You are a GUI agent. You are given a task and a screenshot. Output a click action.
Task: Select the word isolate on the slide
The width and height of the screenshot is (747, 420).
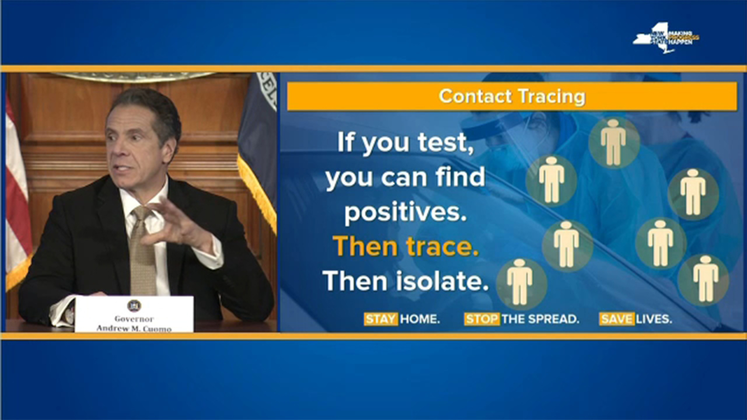(442, 281)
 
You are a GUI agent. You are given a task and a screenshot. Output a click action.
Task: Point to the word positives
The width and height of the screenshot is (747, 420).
(405, 212)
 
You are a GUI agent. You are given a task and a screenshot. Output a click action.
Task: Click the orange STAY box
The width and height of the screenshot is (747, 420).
(381, 319)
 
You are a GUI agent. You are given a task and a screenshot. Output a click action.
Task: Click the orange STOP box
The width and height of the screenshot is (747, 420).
(481, 319)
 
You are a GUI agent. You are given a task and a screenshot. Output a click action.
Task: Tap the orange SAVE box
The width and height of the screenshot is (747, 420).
(616, 319)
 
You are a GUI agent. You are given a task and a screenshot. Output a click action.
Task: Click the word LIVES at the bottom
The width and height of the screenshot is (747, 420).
(654, 319)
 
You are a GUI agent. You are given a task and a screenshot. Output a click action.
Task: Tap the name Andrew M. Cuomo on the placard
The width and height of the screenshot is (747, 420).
(134, 329)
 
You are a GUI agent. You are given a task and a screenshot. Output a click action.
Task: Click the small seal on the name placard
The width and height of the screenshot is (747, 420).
(134, 306)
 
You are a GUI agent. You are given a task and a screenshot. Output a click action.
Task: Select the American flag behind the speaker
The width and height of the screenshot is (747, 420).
(16, 196)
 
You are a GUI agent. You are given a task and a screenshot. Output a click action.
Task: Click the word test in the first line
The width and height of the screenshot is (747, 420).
(445, 142)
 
